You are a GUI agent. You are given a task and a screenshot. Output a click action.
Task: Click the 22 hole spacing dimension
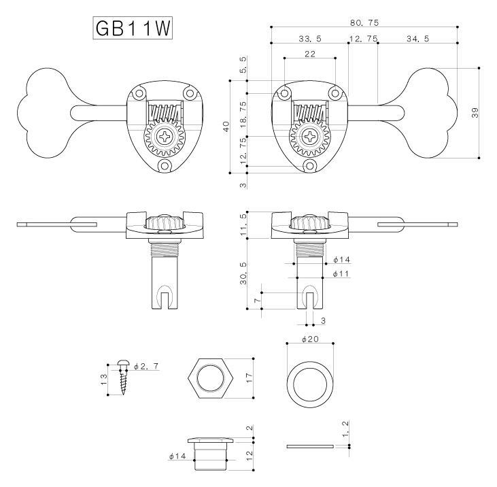(x=310, y=54)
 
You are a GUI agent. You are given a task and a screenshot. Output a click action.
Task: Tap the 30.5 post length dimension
(x=243, y=269)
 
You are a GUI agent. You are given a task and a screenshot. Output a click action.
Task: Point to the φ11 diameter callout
(x=341, y=273)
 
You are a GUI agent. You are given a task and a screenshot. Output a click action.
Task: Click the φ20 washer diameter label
(x=310, y=339)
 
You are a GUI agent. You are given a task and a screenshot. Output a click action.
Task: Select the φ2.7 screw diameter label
(x=145, y=367)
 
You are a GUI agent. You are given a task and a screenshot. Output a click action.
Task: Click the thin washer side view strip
(x=310, y=447)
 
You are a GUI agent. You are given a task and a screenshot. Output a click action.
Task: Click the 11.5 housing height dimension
(x=243, y=224)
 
